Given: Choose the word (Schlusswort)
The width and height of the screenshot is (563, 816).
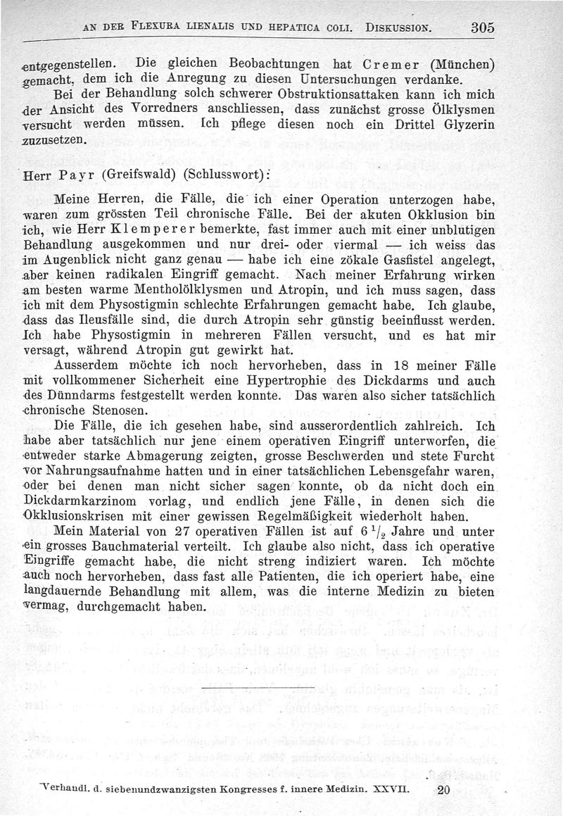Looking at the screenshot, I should (x=218, y=177).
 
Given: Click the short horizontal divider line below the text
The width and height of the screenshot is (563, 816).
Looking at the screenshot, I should (x=257, y=686).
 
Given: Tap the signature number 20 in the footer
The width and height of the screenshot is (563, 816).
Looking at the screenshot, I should (x=443, y=790).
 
